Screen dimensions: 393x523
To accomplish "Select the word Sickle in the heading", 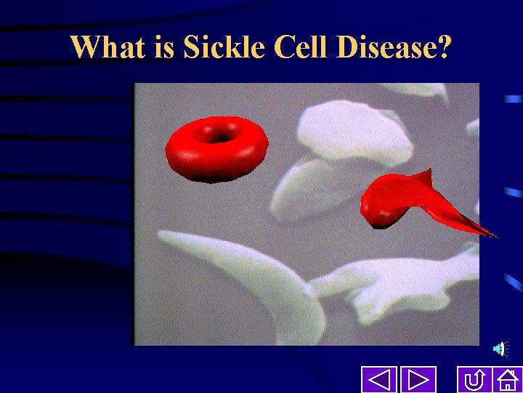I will (x=224, y=47).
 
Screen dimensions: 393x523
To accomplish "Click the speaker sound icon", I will (x=500, y=350).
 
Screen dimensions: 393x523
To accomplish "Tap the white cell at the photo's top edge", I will (x=418, y=91).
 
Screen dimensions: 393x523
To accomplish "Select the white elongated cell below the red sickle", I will (x=400, y=280).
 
